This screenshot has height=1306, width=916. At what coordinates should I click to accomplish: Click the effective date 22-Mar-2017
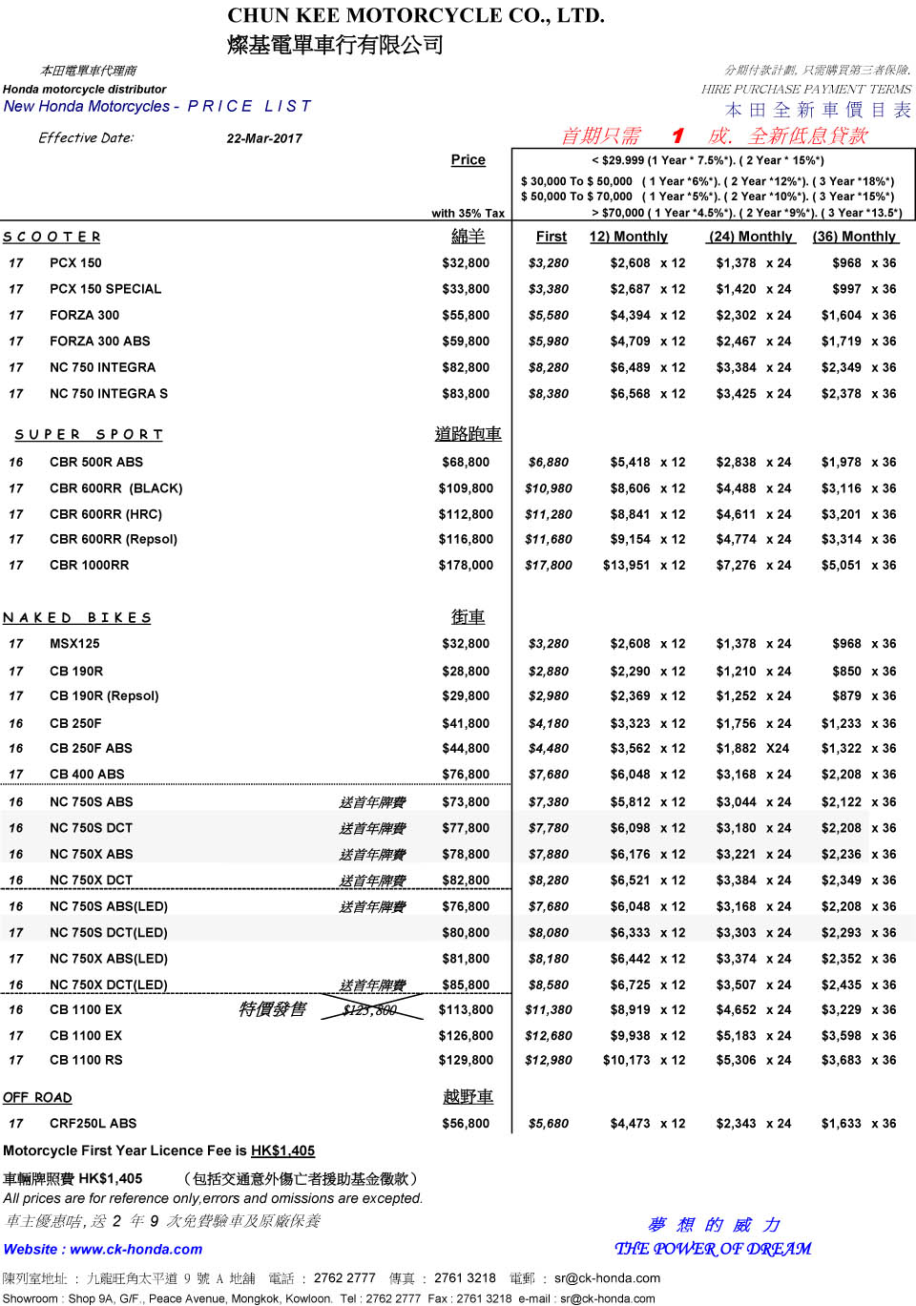click(264, 138)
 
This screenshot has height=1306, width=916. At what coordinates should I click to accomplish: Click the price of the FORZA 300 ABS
click(466, 342)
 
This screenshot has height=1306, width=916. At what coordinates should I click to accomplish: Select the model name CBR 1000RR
click(89, 566)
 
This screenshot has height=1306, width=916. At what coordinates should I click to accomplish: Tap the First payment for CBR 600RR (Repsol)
click(549, 540)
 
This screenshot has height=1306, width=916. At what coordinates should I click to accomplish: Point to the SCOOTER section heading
click(52, 237)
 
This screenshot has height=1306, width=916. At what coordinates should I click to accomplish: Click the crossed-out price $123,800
click(370, 1010)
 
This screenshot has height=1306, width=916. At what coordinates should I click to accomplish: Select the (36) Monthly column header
click(854, 237)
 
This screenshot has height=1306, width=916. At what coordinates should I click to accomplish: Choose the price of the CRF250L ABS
click(466, 1124)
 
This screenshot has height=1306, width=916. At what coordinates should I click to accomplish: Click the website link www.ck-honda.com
click(136, 1250)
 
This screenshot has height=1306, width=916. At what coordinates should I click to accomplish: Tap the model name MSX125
click(74, 644)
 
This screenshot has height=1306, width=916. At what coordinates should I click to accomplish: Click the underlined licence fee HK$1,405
click(282, 1151)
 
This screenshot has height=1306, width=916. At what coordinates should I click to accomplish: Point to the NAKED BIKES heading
click(77, 618)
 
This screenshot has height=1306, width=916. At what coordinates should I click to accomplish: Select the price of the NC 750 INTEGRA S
click(466, 394)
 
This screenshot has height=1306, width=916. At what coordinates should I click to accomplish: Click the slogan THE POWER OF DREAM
click(713, 1249)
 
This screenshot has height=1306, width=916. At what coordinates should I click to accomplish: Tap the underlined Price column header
click(468, 160)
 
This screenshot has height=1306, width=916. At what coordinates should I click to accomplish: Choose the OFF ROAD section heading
click(37, 1098)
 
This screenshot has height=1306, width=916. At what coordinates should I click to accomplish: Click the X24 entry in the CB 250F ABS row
click(778, 749)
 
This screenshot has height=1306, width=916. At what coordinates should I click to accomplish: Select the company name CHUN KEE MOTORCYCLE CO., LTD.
click(416, 15)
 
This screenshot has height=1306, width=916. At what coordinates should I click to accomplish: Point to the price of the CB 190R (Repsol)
click(466, 696)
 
